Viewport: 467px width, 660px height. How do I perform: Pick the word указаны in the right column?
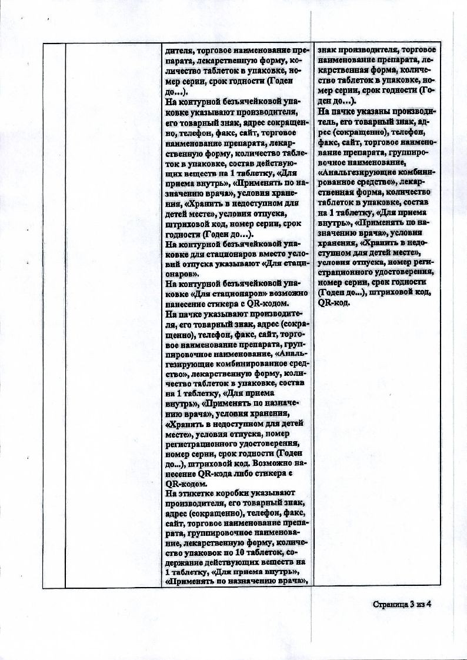(369, 110)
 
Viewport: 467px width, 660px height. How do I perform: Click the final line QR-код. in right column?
(333, 302)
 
